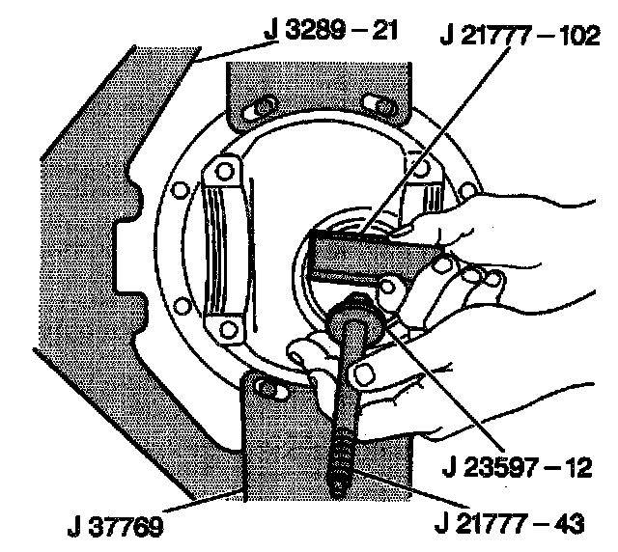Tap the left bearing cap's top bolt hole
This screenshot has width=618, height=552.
[223, 172]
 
